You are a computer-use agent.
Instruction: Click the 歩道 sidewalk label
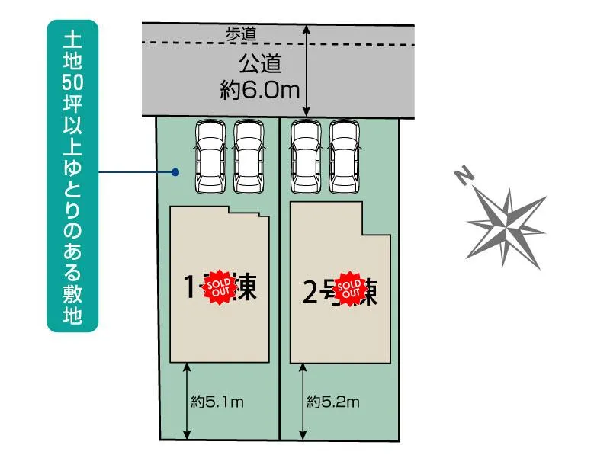tap(242, 34)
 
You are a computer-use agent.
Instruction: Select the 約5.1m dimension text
tap(217, 402)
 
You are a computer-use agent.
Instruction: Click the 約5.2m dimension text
tap(333, 402)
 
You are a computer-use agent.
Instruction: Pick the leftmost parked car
tap(211, 157)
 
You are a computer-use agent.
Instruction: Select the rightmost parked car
tap(345, 157)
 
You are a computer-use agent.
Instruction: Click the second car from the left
tap(249, 157)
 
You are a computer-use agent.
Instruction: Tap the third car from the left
tap(307, 157)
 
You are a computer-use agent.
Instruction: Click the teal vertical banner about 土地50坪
tap(73, 175)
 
